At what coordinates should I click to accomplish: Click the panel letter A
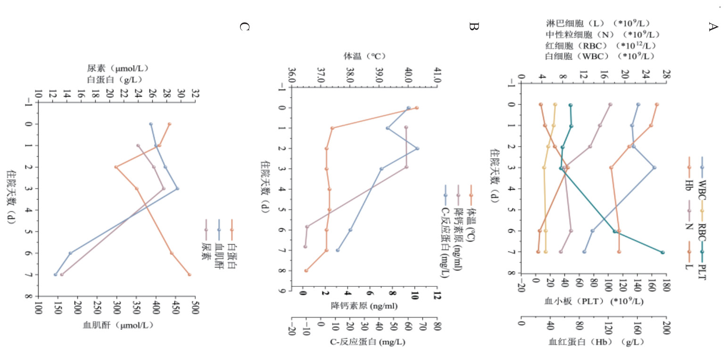[x=713, y=26]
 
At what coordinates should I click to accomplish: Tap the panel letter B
[x=473, y=26]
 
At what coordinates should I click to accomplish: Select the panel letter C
[x=243, y=26]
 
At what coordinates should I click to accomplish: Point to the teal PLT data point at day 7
[x=662, y=252]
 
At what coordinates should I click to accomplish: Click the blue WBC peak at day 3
[x=654, y=167]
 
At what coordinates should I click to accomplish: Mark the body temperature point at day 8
[x=306, y=271]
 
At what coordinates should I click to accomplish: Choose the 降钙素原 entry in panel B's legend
[x=457, y=245]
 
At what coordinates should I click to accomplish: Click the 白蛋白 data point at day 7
[x=190, y=275]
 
